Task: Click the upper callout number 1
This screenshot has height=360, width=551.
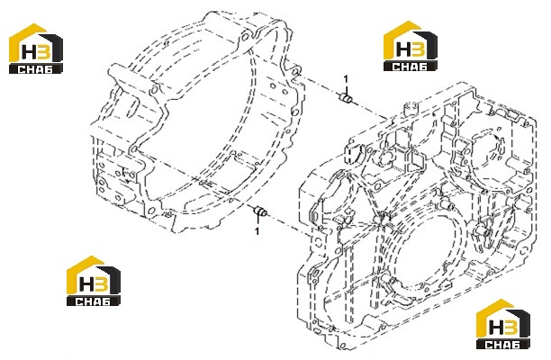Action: click(346, 79)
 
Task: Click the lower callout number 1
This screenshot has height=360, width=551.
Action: click(257, 231)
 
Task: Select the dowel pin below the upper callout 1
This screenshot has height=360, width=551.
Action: click(346, 98)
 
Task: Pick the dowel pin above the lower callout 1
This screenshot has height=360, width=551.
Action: click(260, 211)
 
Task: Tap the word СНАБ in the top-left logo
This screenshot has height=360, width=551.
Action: click(35, 68)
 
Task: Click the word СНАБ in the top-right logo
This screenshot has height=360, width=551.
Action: click(410, 67)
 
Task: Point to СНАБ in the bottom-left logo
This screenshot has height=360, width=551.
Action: click(93, 301)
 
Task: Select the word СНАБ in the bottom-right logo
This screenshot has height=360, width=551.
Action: click(502, 345)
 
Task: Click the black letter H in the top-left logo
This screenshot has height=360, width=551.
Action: click(29, 51)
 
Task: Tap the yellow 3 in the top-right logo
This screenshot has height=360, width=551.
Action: click(417, 49)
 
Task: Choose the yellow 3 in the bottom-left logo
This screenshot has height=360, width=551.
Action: click(101, 283)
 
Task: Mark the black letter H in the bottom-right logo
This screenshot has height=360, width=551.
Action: click(496, 327)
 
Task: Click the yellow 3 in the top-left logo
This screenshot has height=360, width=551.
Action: click(43, 51)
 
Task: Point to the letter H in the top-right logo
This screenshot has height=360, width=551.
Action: click(403, 49)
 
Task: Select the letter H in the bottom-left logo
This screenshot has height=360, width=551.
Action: click(86, 283)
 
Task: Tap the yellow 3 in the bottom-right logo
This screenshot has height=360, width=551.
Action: click(510, 327)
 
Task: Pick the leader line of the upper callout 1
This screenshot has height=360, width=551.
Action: click(346, 88)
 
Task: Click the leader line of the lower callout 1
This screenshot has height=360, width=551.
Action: click(257, 222)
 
